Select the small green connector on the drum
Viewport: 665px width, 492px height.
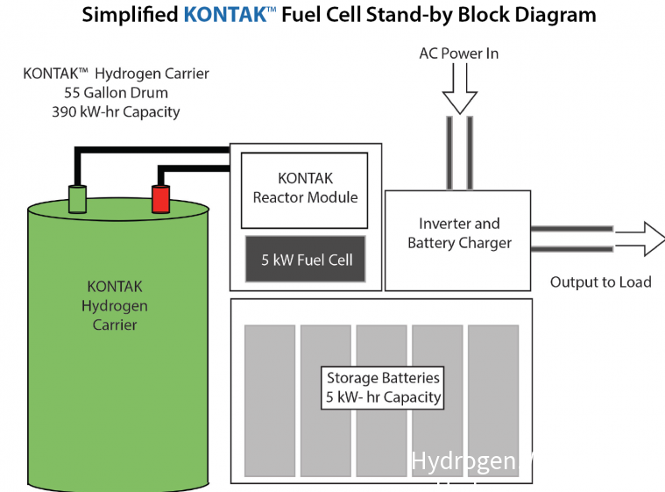[77, 198]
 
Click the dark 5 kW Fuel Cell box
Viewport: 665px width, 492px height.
[304, 260]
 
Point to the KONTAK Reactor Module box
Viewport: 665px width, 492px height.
[305, 189]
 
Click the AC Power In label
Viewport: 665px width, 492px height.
[458, 53]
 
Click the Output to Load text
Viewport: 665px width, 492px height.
[600, 282]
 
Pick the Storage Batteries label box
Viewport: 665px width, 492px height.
[383, 388]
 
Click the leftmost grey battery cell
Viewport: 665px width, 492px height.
[269, 400]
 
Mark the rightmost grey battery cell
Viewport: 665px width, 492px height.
[493, 400]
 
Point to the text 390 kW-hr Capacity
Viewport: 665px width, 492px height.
[116, 111]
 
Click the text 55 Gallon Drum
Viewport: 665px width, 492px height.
[117, 92]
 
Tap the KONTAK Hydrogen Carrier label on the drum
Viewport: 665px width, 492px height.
[115, 305]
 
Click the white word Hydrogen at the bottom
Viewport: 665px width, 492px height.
[463, 461]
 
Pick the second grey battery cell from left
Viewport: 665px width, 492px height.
[325, 400]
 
